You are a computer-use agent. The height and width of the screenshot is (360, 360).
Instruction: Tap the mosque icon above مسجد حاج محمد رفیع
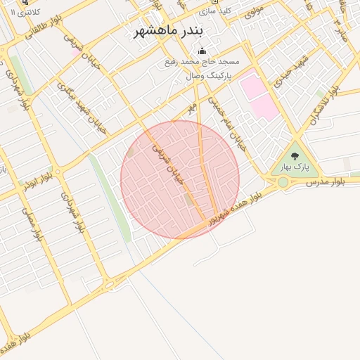coord(202,51)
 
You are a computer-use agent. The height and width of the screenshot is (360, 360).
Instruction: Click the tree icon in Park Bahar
coord(294,156)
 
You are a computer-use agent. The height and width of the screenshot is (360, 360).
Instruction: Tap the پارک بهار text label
coord(294,167)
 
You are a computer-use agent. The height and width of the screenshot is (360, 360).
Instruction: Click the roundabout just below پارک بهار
coord(283,182)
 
